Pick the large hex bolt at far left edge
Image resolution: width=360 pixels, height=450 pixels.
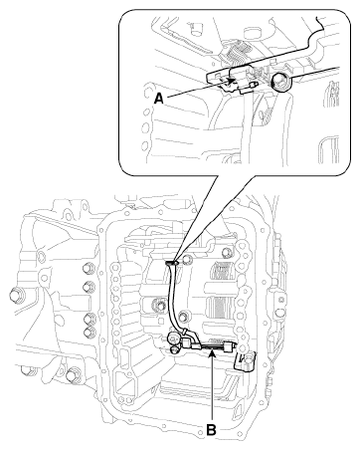click(15, 294)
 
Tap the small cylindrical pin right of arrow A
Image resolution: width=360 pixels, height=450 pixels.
click(256, 85)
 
